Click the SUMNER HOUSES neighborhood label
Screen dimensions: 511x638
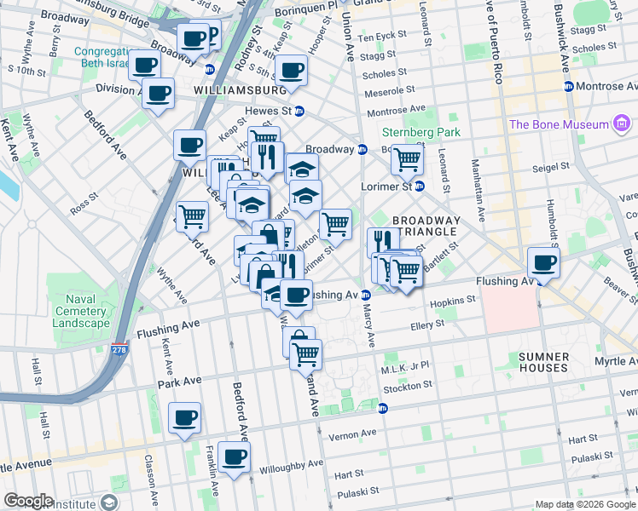point(543,361)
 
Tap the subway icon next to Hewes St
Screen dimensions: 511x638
point(299,111)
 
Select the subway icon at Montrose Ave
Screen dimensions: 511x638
point(569,87)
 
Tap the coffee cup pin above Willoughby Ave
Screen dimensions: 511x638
point(234,456)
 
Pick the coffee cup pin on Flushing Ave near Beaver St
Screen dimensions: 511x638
point(542,261)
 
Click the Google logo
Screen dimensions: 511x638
point(28,501)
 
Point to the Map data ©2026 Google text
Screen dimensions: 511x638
point(584,504)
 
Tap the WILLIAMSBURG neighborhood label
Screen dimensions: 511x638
point(239,89)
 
